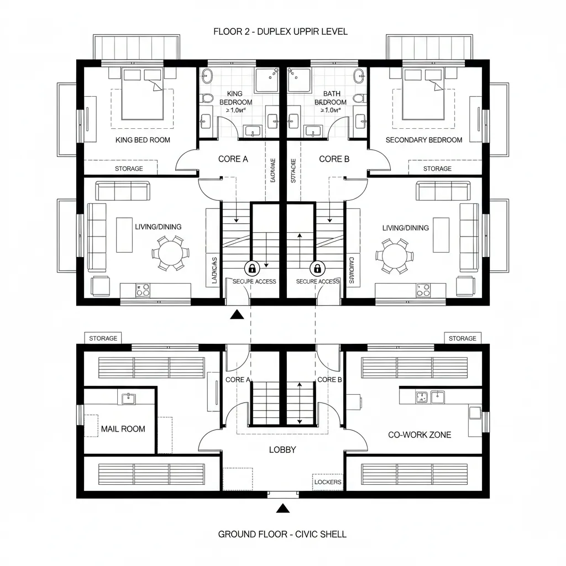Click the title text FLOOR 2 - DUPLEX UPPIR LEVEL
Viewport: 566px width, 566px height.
point(280,32)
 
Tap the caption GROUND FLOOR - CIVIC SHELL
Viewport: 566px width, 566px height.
point(282,534)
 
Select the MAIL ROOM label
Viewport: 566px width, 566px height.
point(123,428)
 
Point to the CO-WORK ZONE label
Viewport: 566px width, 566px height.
point(419,434)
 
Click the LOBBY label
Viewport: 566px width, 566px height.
point(282,449)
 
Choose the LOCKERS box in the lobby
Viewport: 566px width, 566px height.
point(327,482)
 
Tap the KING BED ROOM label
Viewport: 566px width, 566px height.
point(143,140)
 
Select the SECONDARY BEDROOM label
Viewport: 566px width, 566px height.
point(423,140)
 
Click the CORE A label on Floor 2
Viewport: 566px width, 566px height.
point(233,159)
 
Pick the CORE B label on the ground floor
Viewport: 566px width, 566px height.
point(329,380)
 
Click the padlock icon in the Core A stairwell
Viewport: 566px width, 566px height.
point(252,269)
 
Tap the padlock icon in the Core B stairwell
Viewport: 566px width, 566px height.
point(317,269)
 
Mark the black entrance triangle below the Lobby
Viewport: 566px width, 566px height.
point(283,507)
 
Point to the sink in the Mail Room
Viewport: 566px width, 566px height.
point(128,397)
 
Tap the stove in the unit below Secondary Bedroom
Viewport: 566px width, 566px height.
point(423,289)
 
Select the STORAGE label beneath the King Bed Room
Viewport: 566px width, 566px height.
point(128,169)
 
